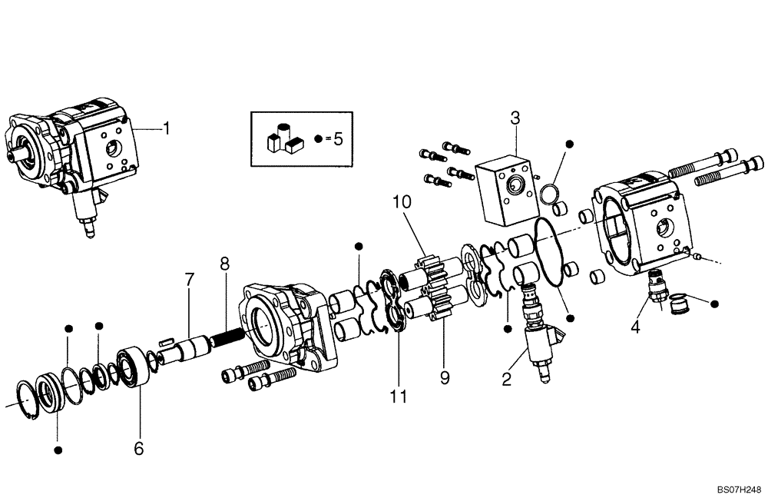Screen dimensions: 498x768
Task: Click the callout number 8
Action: point(224,264)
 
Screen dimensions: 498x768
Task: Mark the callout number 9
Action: point(445,377)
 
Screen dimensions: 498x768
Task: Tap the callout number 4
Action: point(635,327)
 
